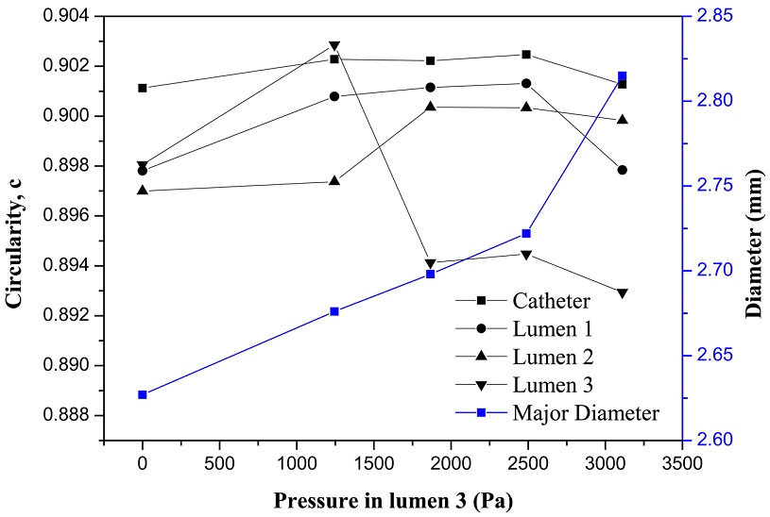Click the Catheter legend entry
(x=552, y=302)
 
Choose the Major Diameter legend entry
(x=587, y=411)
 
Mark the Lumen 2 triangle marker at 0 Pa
(x=143, y=191)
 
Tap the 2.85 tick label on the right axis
(x=712, y=16)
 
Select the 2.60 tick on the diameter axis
(x=712, y=441)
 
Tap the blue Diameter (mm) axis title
(x=754, y=229)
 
